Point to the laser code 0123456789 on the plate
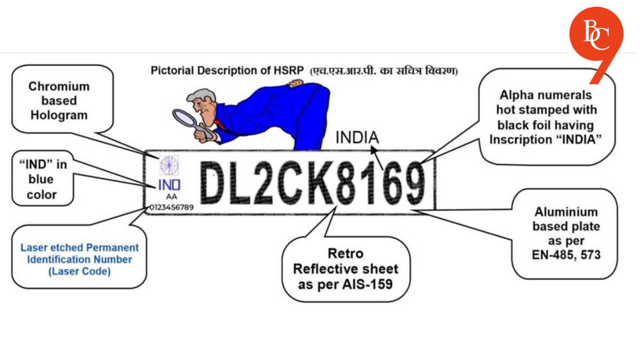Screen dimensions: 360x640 [172, 206]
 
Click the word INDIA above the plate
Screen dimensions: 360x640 [357, 138]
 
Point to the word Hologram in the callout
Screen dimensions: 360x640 [59, 115]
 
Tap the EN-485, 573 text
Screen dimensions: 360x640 [566, 255]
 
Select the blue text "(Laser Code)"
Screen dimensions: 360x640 [79, 271]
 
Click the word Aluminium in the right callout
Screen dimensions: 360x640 [566, 212]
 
